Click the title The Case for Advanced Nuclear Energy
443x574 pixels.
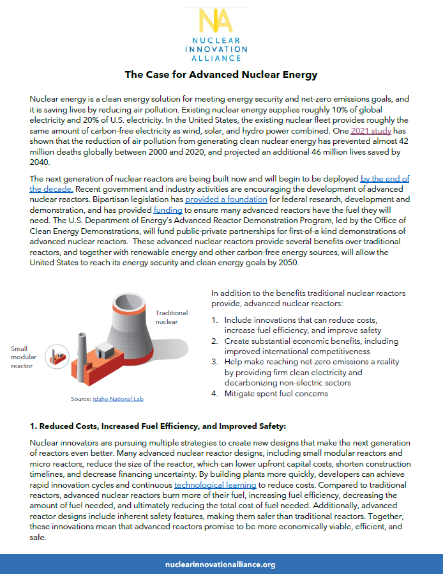(221, 75)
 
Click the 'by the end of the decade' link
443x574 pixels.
(384, 179)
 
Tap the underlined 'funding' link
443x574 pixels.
(168, 210)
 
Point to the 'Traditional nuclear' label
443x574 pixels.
(172, 317)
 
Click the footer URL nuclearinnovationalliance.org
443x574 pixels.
(220, 564)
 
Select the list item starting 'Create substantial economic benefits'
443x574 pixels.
(306, 346)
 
